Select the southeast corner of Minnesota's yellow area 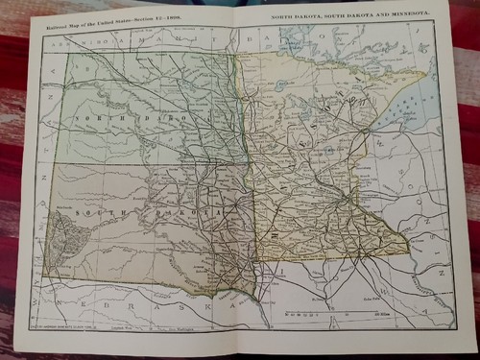[x=407, y=252]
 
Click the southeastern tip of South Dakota [x=256, y=293]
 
